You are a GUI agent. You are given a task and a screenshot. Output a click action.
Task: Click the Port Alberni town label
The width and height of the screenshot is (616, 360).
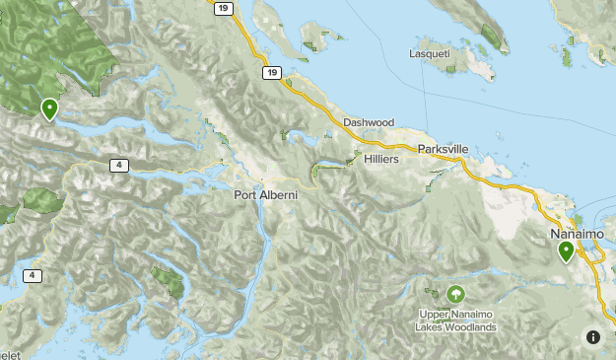click(x=265, y=194)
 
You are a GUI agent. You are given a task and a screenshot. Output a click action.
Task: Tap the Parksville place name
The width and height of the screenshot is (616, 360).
click(x=443, y=149)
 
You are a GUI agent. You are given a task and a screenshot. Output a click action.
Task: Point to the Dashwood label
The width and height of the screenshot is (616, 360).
click(x=369, y=123)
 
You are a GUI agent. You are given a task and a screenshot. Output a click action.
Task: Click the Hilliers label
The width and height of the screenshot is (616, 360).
click(x=381, y=158)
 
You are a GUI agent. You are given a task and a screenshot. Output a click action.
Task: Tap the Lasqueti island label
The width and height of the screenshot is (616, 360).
click(x=435, y=54)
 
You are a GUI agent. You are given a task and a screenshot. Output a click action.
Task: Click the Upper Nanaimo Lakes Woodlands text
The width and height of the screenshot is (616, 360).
click(x=455, y=322)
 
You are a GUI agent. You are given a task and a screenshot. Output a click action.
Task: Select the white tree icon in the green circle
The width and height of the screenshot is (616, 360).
click(x=455, y=294)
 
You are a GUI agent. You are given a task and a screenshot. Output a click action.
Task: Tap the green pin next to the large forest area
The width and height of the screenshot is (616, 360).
click(x=48, y=108)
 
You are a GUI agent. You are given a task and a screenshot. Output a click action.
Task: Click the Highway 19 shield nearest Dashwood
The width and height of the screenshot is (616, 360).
click(x=270, y=72)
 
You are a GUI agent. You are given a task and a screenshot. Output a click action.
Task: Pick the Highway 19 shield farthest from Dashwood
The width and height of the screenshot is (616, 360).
click(x=223, y=9)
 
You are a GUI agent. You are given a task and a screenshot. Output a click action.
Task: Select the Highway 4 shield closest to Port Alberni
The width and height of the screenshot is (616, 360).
click(x=118, y=165)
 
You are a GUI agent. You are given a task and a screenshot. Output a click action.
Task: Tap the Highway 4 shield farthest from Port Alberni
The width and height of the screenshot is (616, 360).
click(x=34, y=276)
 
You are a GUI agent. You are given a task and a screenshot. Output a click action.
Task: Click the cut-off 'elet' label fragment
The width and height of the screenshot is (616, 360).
click(x=9, y=354)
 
